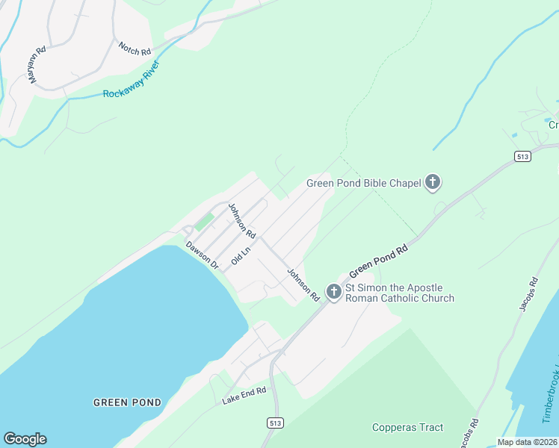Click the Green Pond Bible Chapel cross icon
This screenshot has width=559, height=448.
point(432,182)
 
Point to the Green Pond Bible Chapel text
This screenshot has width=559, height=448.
point(364,183)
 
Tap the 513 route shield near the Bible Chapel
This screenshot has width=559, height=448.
point(522,155)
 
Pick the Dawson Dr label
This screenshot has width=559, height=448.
point(202,255)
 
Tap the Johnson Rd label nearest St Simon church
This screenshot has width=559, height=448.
point(303,285)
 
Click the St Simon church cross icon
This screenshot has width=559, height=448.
point(333,293)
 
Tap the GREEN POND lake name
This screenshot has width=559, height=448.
point(127,402)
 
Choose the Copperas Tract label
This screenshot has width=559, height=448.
point(407,428)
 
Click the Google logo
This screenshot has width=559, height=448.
point(25,439)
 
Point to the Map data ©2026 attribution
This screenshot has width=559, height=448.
point(528,442)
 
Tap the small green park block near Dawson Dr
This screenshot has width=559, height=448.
point(204,222)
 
